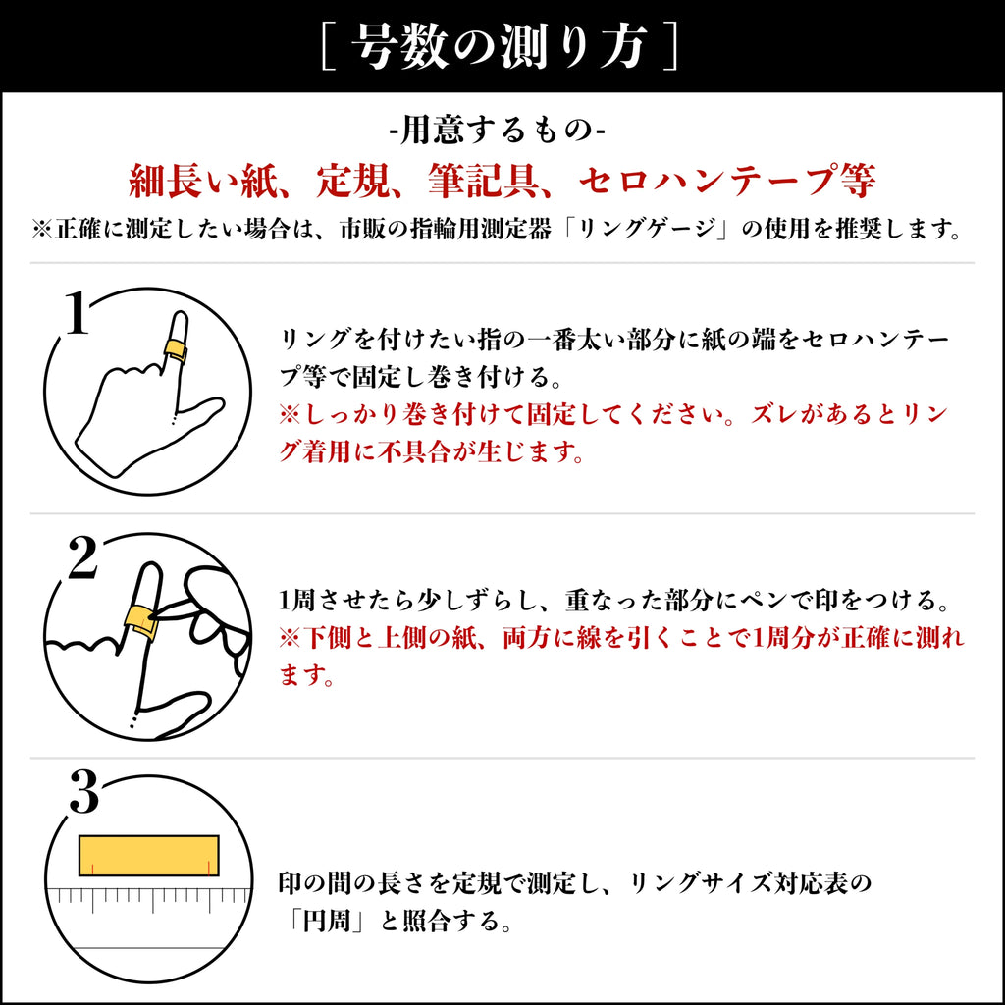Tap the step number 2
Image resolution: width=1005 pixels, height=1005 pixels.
coord(82,557)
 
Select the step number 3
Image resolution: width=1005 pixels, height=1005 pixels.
coord(84,792)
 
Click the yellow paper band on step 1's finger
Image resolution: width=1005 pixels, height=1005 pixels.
coord(175,350)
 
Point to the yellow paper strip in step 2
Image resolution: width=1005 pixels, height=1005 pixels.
coord(141,620)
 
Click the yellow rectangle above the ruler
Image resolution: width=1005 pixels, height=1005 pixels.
coord(149,856)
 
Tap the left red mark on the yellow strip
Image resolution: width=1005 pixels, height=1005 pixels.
coord(92,869)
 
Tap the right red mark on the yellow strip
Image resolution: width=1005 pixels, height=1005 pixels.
coord(209,869)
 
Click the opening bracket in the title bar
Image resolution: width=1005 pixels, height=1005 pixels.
coord(329,45)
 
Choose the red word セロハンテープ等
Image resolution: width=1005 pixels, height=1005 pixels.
coord(727,182)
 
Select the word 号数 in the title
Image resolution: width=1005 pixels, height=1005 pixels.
coord(399,46)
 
